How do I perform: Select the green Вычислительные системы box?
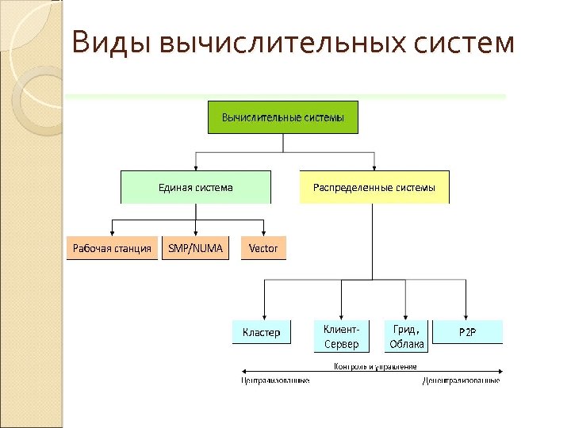tap(283, 117)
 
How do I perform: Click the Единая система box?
tap(195, 187)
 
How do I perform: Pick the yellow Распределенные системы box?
tap(374, 187)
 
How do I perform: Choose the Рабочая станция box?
tap(112, 249)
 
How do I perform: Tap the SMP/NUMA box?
tap(195, 249)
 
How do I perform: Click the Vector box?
tap(263, 249)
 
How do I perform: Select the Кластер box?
tap(261, 332)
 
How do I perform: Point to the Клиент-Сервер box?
tap(341, 336)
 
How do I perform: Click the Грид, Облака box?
tap(406, 336)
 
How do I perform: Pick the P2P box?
tap(467, 332)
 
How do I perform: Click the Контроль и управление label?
tap(375, 366)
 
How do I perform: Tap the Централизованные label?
tap(275, 380)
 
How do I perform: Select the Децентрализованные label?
tap(460, 380)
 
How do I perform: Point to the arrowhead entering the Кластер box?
tap(264, 315)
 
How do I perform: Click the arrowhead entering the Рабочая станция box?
tap(112, 232)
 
